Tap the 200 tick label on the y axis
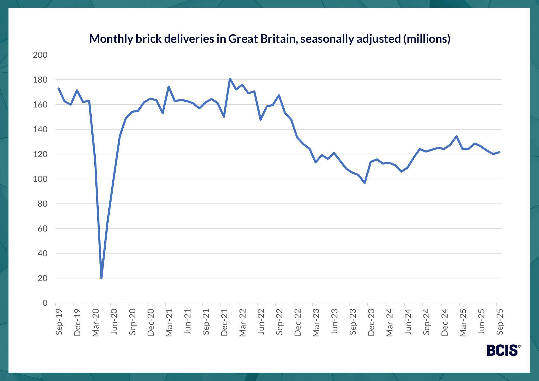click(x=40, y=55)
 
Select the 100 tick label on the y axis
click(x=40, y=179)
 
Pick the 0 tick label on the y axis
click(x=45, y=303)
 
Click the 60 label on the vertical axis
click(x=43, y=228)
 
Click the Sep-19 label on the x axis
click(x=59, y=322)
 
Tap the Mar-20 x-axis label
click(x=96, y=323)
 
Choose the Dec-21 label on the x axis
click(x=224, y=322)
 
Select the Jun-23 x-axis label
click(x=334, y=322)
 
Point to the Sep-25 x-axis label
click(x=500, y=322)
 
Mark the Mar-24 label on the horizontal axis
click(x=390, y=323)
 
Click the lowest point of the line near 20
click(x=101, y=278)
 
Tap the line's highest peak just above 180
click(x=230, y=79)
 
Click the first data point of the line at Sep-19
click(x=58, y=88)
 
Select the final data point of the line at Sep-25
click(x=499, y=152)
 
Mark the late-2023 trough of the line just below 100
click(x=365, y=183)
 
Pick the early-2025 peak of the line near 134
click(x=457, y=136)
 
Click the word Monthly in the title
click(x=111, y=39)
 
